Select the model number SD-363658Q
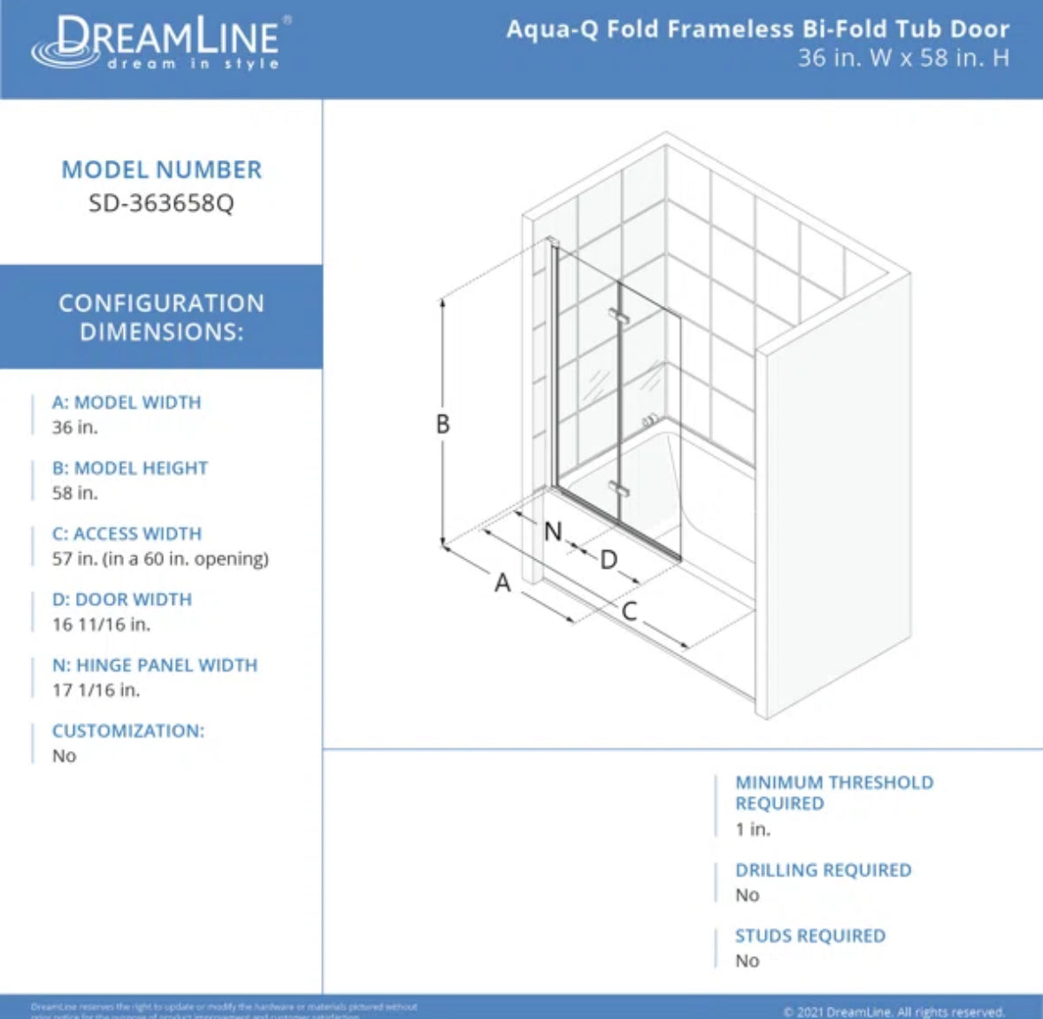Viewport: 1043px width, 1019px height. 161,203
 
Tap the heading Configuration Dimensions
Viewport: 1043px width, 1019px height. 161,317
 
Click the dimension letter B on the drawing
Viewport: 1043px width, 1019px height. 442,425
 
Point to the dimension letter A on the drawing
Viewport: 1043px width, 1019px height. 502,583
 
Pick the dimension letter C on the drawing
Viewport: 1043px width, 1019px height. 629,611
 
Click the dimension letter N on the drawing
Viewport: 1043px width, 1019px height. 553,532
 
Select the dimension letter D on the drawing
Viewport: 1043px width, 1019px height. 609,560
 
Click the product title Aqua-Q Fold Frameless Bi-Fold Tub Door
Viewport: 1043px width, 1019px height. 757,29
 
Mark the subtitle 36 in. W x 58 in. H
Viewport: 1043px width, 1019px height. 902,58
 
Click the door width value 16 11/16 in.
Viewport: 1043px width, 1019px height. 101,624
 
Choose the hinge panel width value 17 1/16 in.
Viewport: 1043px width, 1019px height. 96,690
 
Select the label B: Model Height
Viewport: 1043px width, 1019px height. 130,468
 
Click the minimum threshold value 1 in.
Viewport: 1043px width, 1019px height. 753,829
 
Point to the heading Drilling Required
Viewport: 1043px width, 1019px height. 823,870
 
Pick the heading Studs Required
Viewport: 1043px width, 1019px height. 809,936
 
